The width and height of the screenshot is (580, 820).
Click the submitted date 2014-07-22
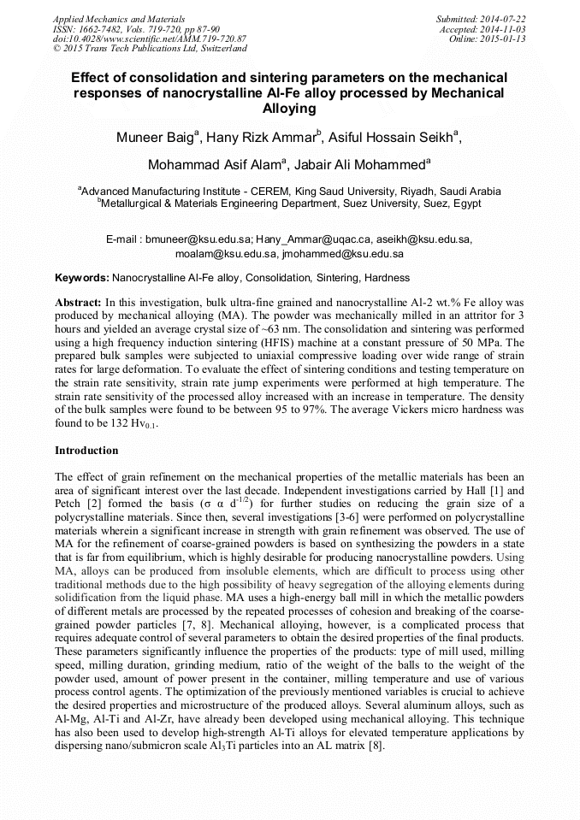[503, 18]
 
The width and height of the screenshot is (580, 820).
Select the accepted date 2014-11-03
[503, 28]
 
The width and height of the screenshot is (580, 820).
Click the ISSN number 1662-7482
[100, 28]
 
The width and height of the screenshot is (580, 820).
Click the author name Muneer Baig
[157, 138]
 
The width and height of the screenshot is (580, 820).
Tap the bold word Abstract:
[78, 303]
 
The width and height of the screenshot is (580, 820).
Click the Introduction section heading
[86, 450]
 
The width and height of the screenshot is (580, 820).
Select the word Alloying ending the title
[289, 108]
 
